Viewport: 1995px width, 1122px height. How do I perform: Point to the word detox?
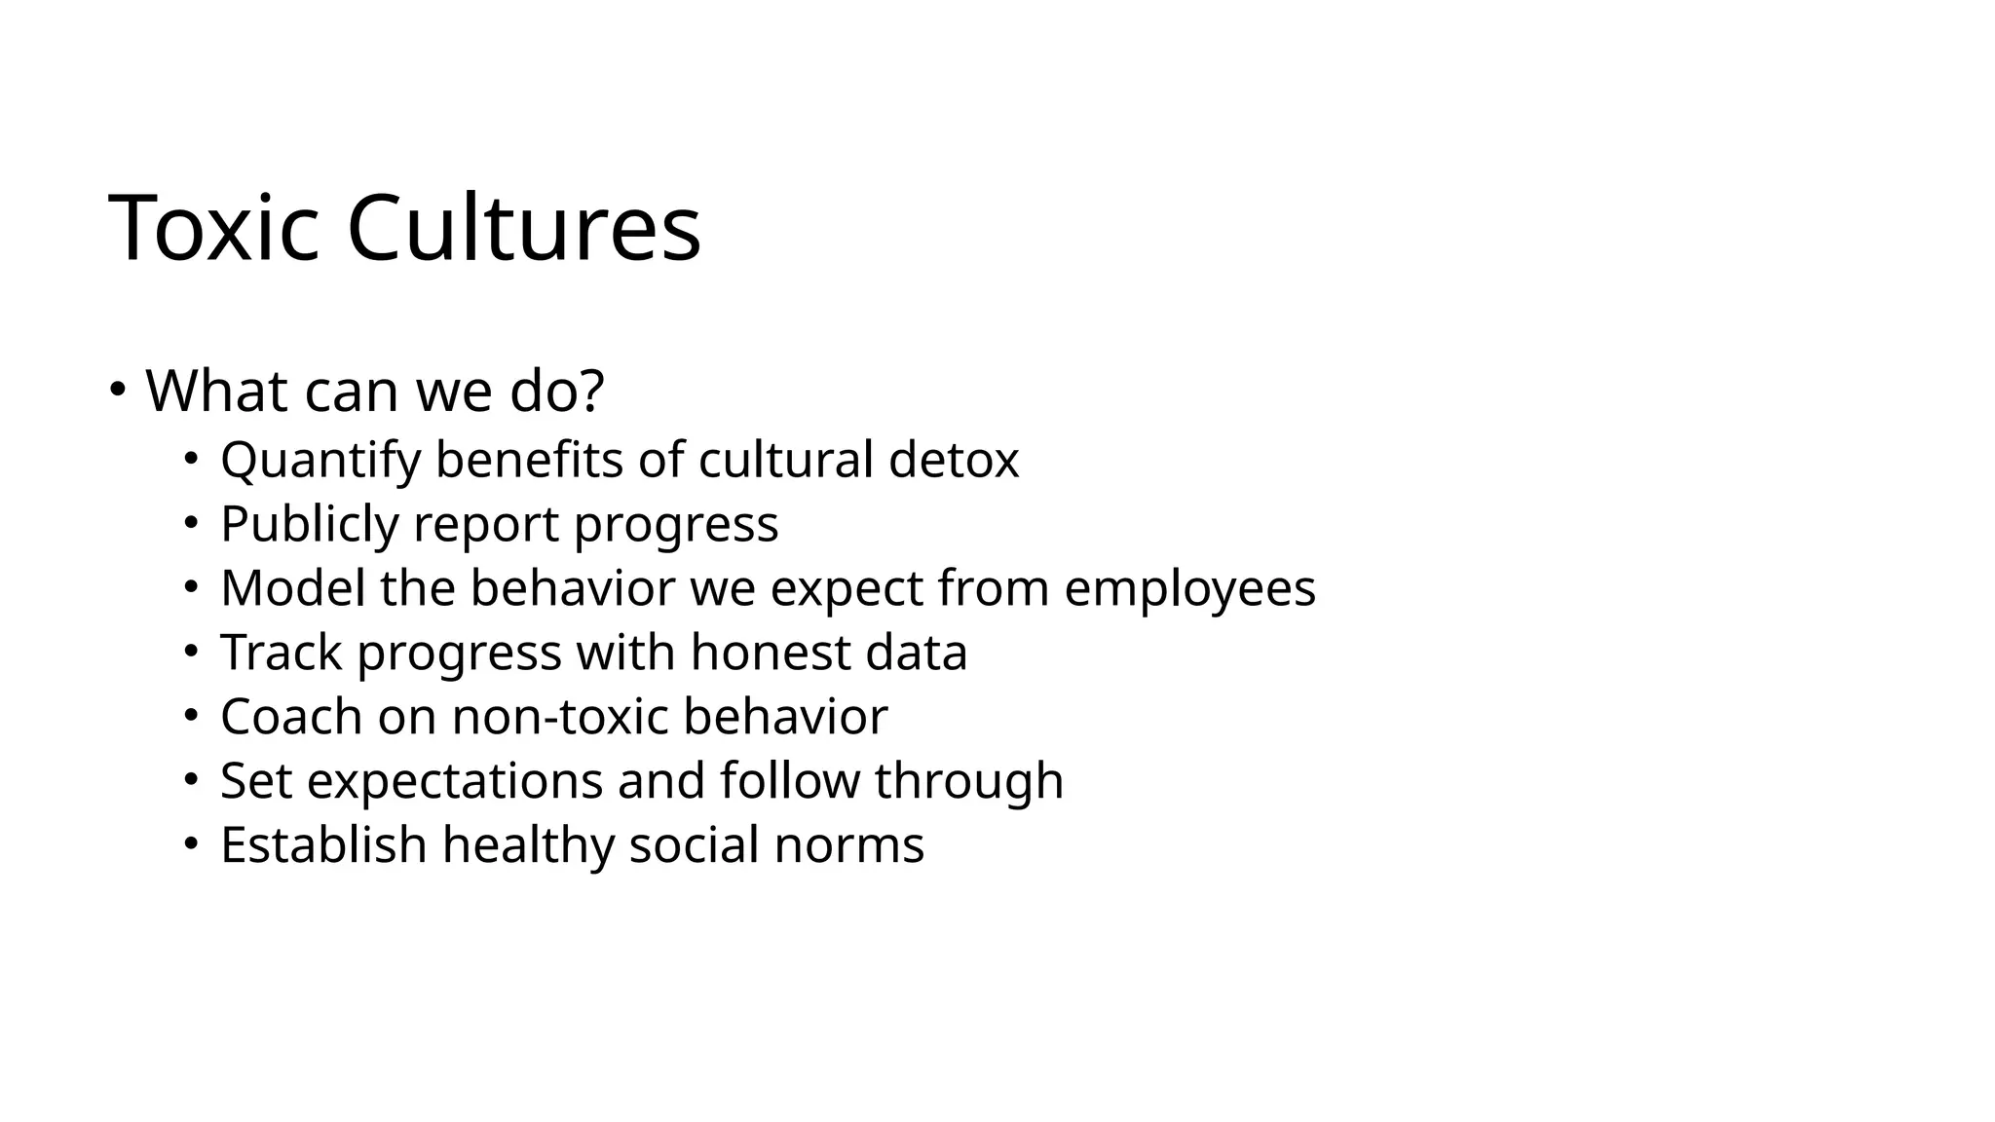pos(954,460)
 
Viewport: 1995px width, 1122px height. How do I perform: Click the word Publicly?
pos(310,524)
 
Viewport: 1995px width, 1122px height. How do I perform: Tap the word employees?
pos(1189,590)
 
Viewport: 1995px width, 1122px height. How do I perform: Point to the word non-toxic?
pos(560,717)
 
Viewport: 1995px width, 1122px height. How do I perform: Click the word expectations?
pos(455,781)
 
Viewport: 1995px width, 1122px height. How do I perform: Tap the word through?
pos(969,781)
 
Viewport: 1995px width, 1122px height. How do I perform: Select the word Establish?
pos(323,844)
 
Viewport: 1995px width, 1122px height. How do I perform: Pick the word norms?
pos(848,845)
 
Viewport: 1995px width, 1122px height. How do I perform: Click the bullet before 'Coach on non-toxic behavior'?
pos(191,717)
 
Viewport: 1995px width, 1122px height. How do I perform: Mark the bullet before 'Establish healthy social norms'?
pos(191,844)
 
